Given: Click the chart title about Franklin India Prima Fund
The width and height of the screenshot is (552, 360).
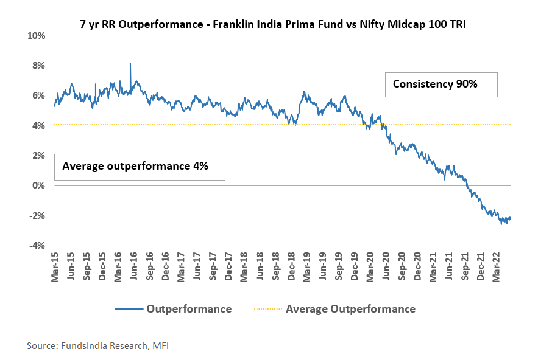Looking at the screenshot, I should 277,25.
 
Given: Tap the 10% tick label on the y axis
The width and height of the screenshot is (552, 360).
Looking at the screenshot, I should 37,36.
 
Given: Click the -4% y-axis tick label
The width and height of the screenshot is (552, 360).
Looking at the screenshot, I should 37,246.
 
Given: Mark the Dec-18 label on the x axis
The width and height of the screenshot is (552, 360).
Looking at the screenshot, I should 291,268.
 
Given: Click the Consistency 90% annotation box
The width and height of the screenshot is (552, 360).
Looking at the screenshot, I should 441,85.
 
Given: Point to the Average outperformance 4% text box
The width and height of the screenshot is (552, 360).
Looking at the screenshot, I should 140,167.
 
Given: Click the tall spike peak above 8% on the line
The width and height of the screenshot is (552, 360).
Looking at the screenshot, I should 130,63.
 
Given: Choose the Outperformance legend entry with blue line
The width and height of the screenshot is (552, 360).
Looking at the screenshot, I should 174,309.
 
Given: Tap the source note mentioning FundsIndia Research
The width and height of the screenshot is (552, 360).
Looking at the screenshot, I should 97,346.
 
